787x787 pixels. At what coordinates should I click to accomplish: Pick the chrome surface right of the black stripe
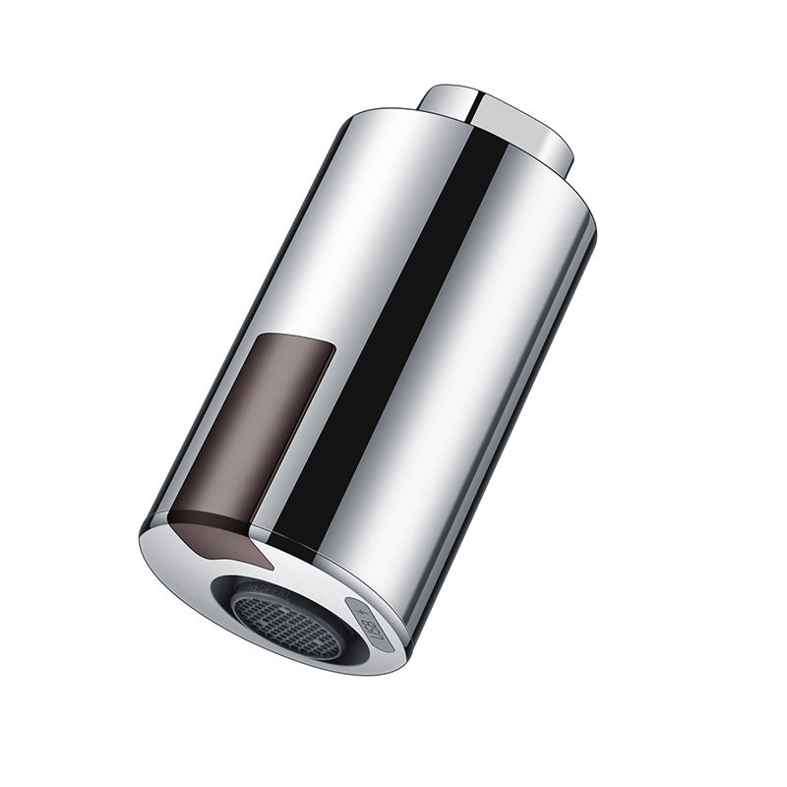point(492,344)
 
